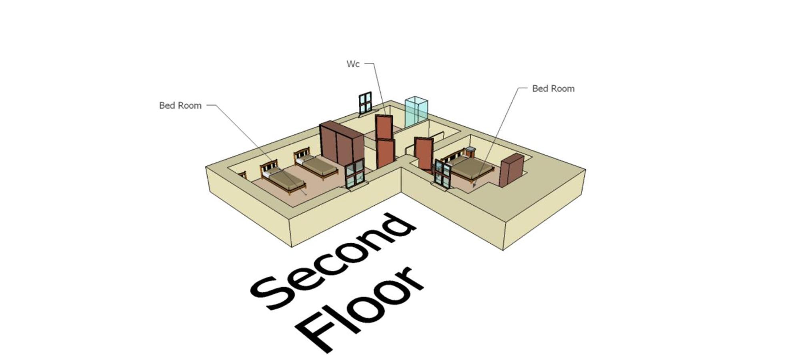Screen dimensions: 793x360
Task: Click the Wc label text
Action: [x=353, y=64]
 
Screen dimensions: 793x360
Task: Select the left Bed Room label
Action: [x=180, y=106]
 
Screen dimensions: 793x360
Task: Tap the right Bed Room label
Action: [x=553, y=89]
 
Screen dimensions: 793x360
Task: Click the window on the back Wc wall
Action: [x=365, y=104]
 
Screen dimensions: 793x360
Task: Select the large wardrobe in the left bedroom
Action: [x=342, y=144]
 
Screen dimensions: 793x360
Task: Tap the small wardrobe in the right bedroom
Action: [x=512, y=170]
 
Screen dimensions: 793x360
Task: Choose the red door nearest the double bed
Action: [x=424, y=154]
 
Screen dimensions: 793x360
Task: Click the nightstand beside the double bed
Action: [x=470, y=152]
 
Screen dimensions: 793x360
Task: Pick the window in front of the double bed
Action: [x=443, y=173]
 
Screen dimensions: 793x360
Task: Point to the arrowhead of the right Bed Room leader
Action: [x=475, y=185]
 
